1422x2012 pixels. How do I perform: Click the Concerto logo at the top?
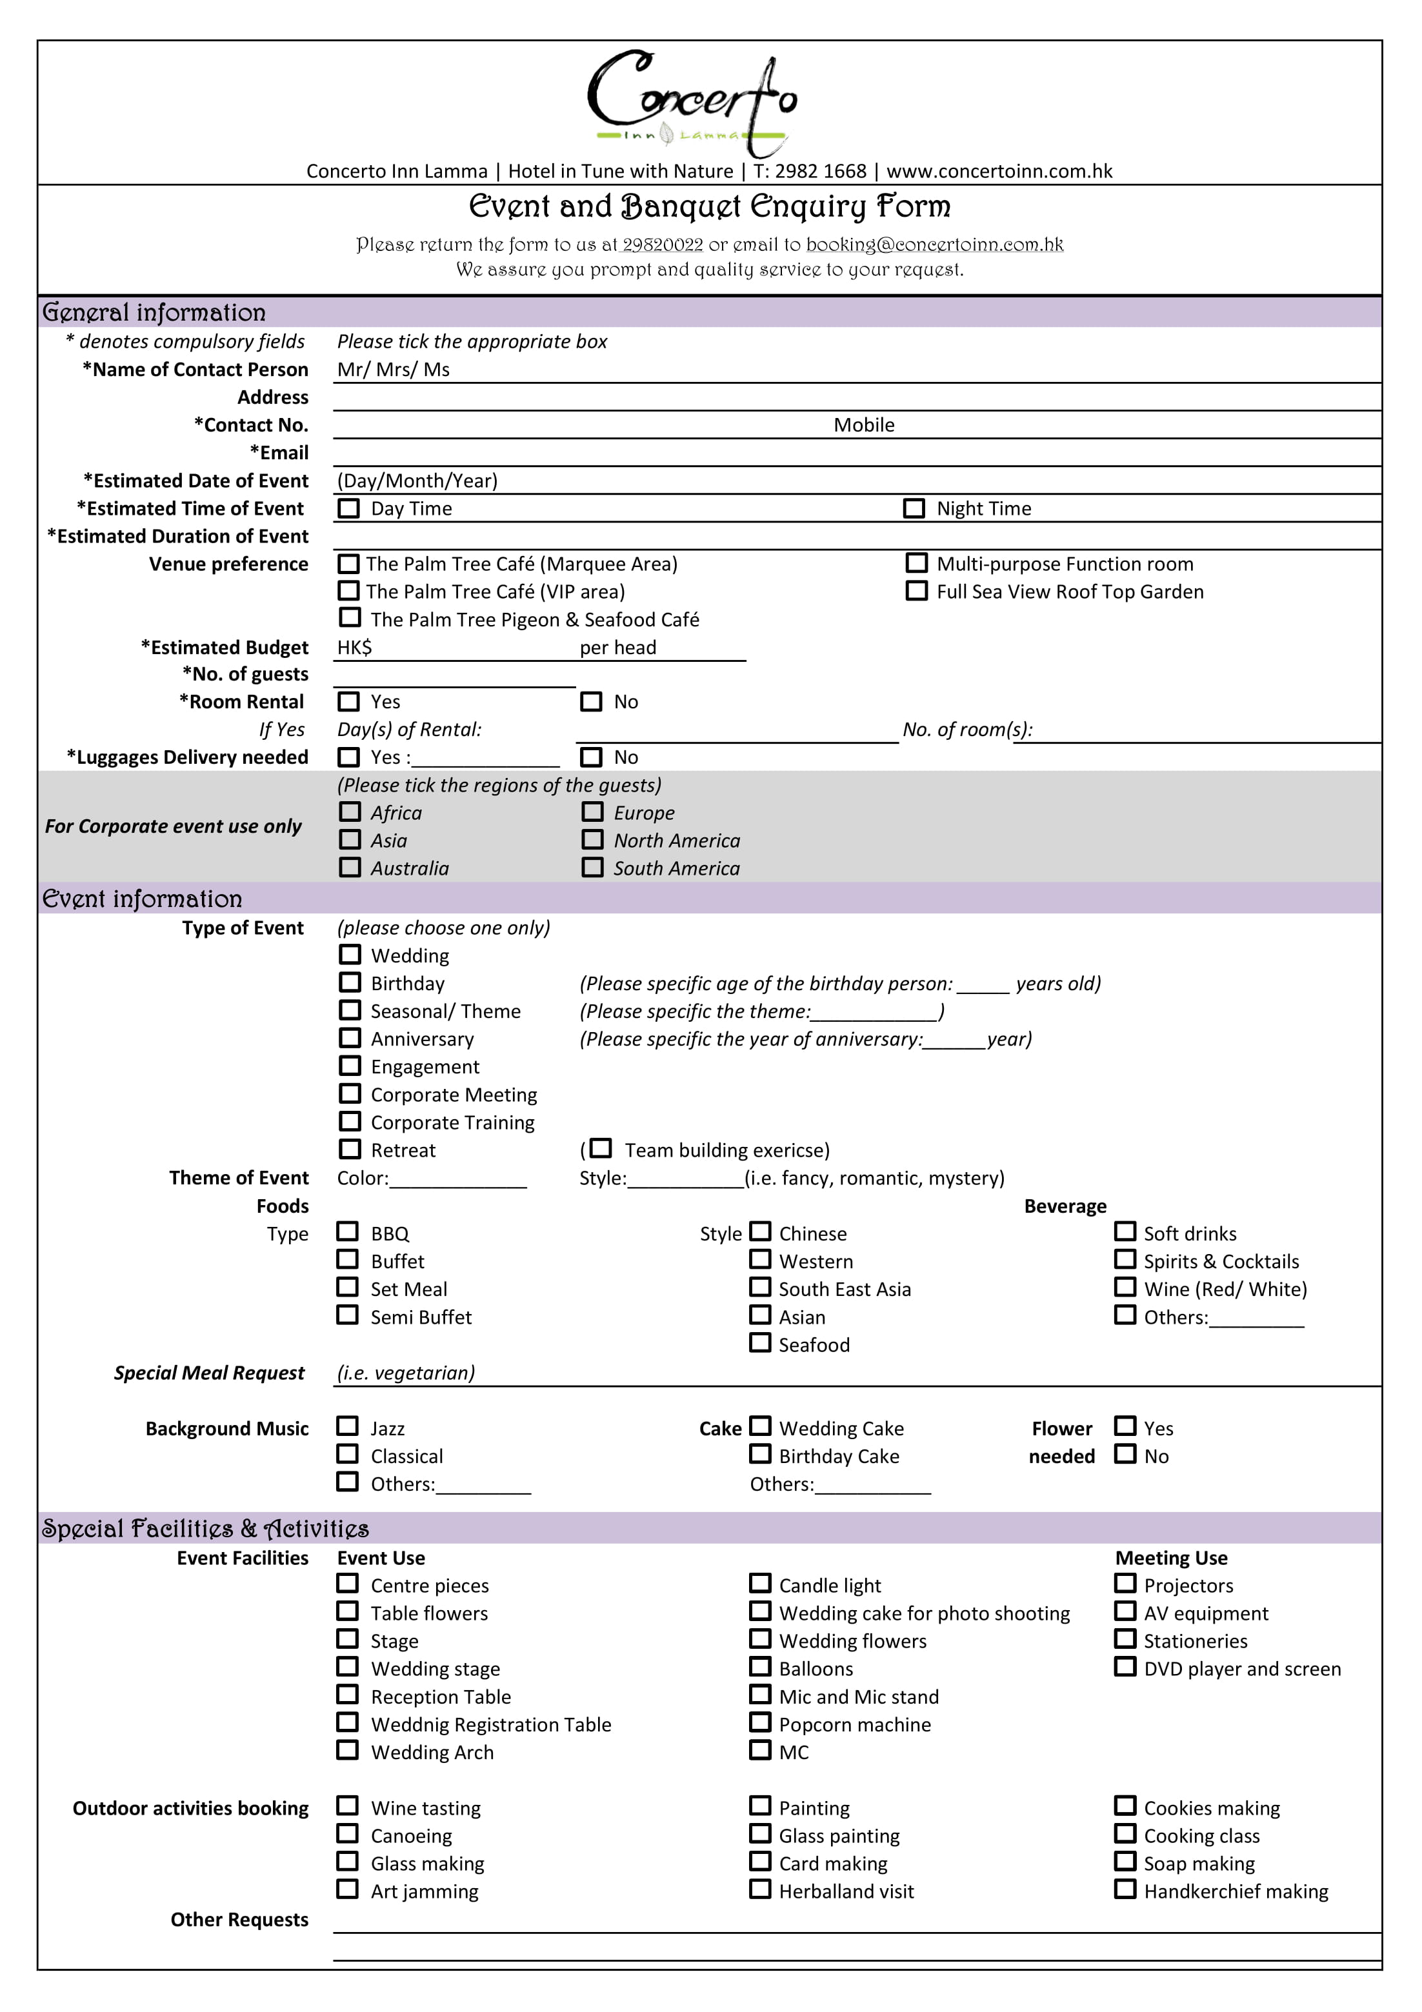(692, 103)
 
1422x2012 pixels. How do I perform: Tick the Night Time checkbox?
(914, 508)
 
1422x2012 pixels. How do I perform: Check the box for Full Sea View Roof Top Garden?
(916, 591)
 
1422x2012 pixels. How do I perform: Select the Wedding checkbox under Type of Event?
(350, 954)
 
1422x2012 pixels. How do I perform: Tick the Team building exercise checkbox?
(601, 1148)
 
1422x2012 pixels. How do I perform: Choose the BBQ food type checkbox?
(348, 1232)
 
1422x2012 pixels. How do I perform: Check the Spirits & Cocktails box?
(1125, 1259)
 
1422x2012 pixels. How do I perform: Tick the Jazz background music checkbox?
(348, 1427)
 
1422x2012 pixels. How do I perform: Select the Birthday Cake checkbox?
(760, 1455)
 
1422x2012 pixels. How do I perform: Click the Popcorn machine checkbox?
(760, 1723)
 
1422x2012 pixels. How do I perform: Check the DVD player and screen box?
(1125, 1667)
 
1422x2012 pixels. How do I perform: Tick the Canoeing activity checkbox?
(348, 1834)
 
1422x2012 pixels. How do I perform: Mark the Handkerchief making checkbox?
(1125, 1889)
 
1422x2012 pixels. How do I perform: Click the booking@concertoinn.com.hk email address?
(934, 244)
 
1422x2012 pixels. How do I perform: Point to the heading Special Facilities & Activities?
(205, 1529)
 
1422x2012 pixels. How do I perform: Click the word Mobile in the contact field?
(863, 425)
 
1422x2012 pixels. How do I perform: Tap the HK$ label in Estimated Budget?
(354, 648)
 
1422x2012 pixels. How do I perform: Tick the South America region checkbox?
(593, 867)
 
